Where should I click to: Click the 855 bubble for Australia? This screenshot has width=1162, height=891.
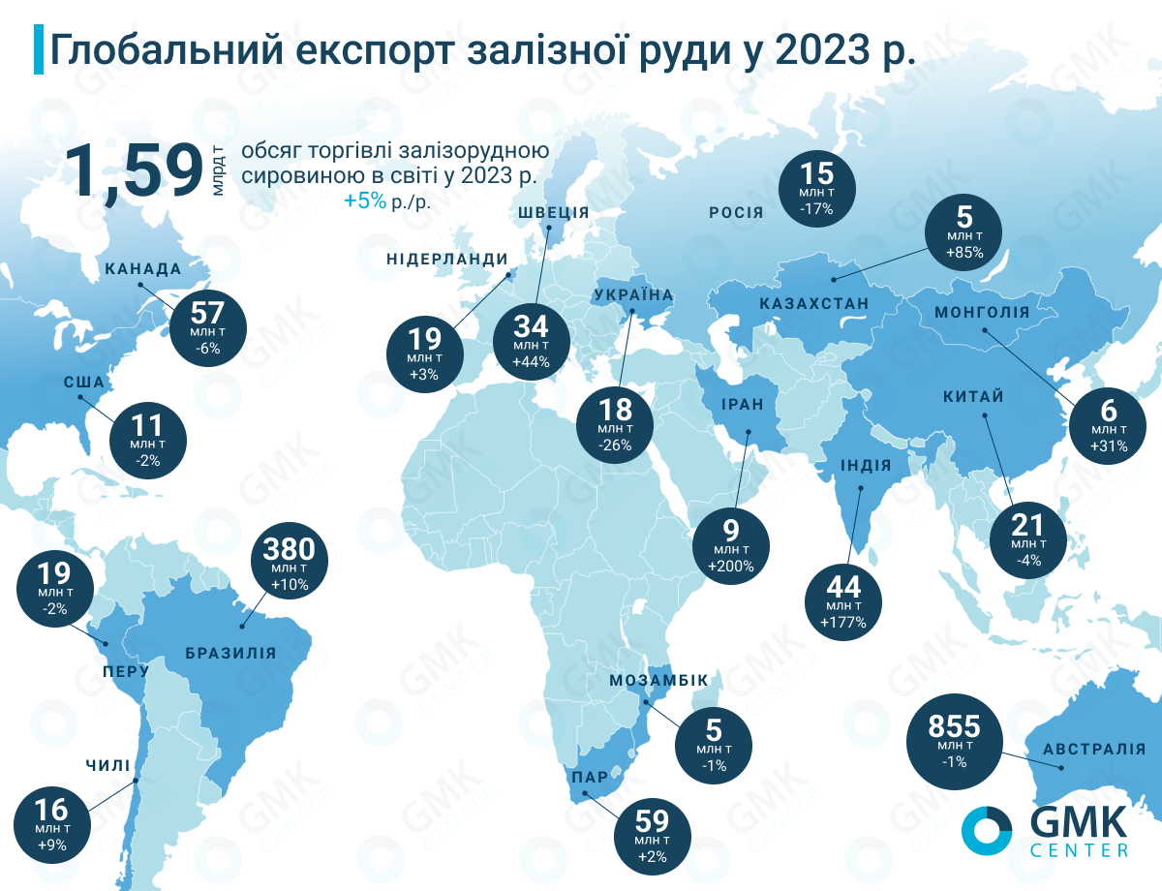coord(954,741)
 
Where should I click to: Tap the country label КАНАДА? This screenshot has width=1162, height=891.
coord(142,269)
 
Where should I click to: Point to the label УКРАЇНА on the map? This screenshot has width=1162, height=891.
coord(633,294)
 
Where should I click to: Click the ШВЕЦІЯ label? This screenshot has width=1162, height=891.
coord(554,213)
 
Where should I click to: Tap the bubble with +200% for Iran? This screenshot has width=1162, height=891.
coord(731,546)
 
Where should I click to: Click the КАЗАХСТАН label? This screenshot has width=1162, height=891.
coord(814,304)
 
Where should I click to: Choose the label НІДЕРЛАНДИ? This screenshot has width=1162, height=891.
coord(447,259)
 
